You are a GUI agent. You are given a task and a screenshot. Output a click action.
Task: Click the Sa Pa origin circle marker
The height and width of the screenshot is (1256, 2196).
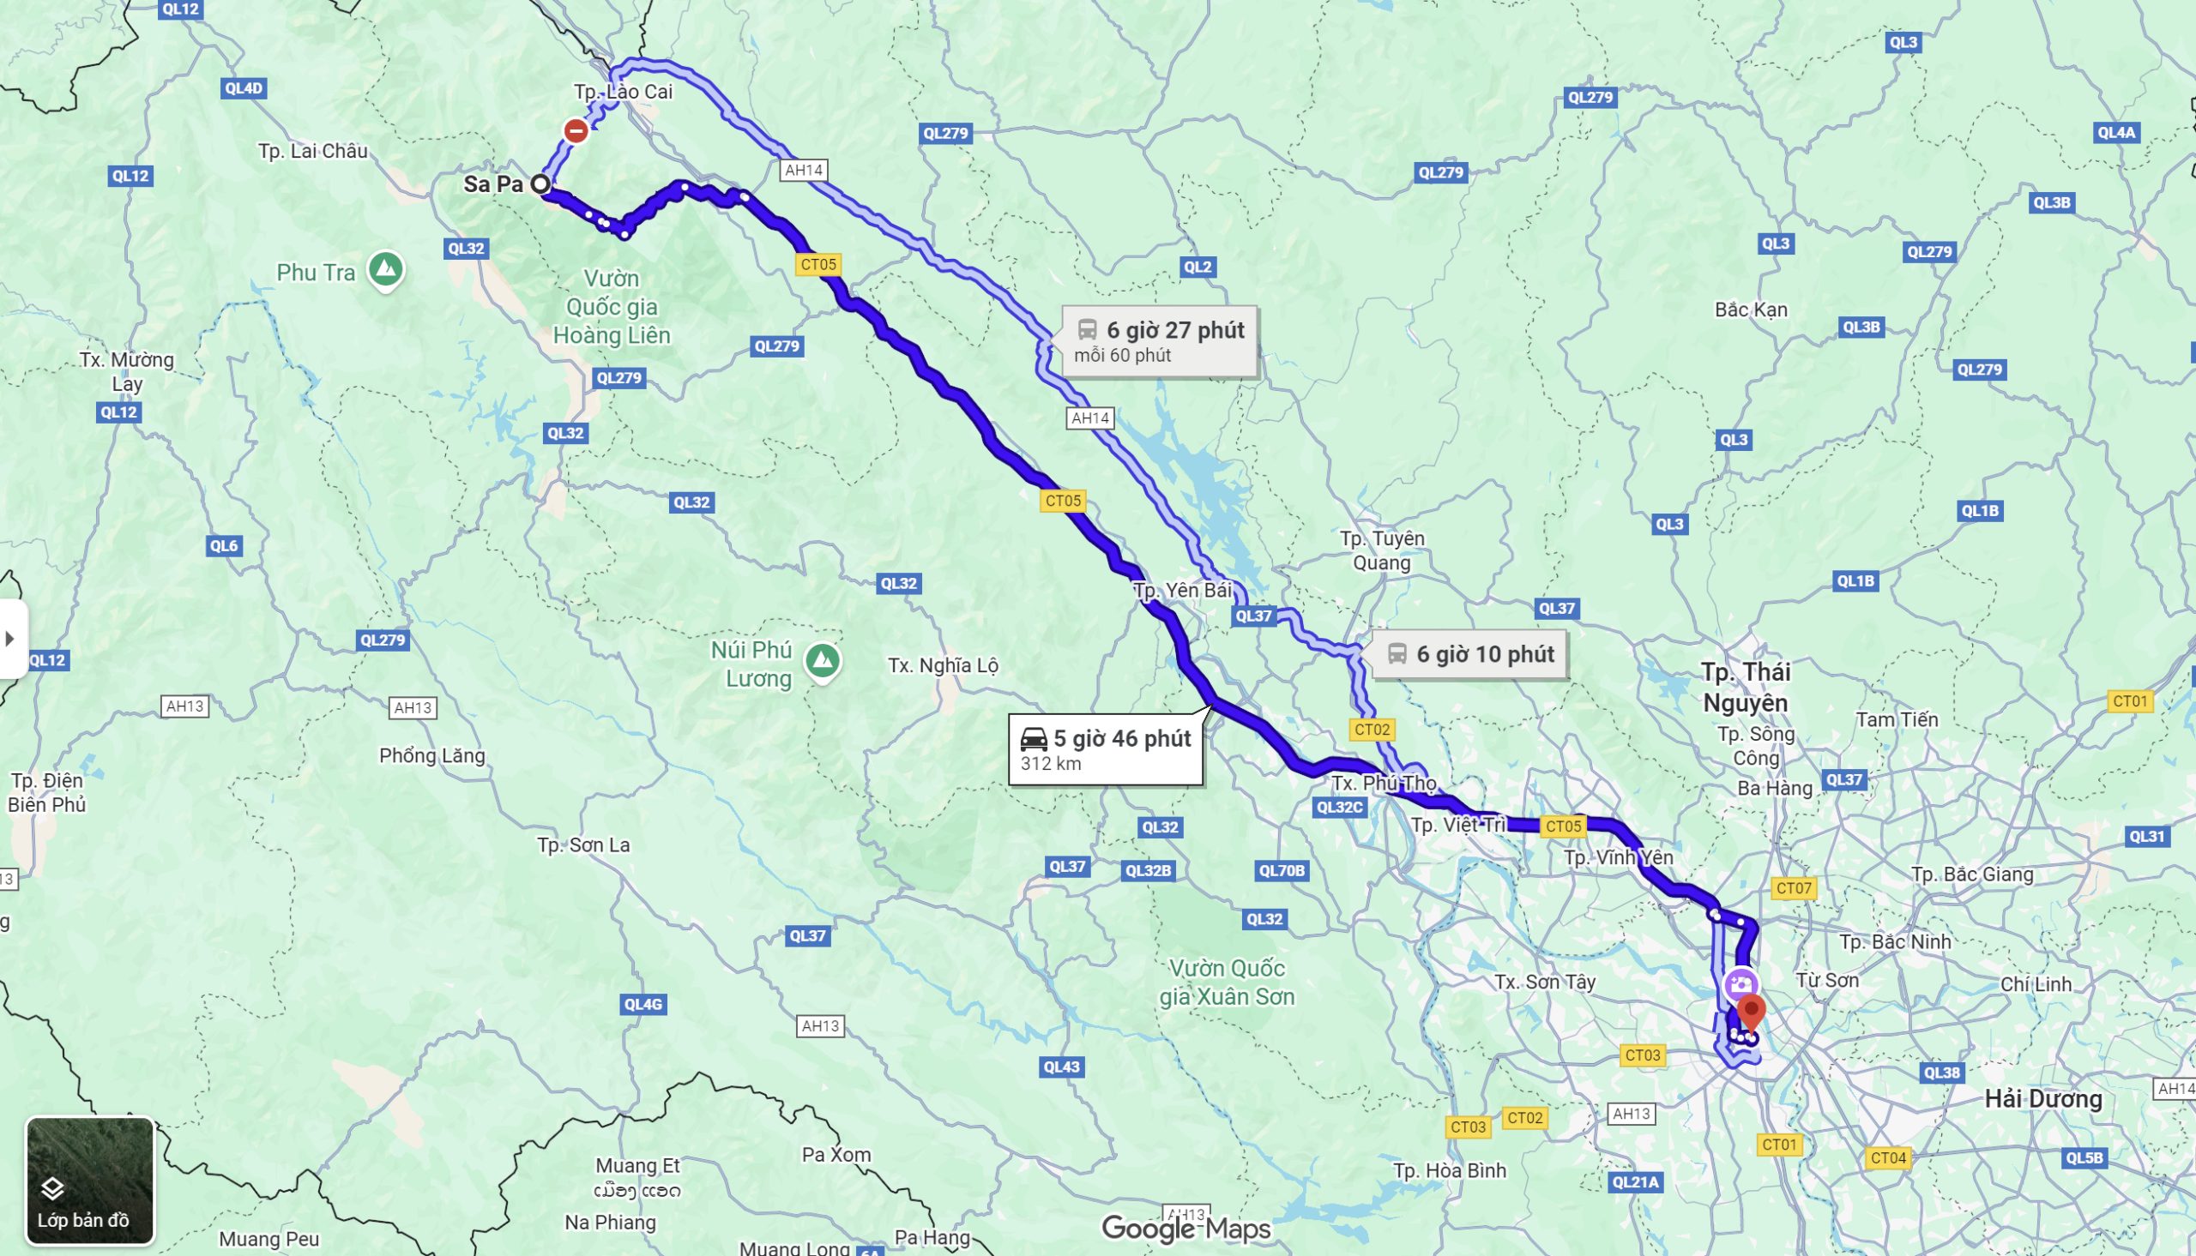(x=540, y=183)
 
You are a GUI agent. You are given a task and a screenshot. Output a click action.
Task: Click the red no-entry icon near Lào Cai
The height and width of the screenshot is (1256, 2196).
(x=576, y=130)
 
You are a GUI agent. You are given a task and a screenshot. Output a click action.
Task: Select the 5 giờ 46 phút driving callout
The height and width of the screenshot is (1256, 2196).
(x=1106, y=748)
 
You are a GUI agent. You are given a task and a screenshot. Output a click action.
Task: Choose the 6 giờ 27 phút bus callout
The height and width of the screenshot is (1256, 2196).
(x=1159, y=340)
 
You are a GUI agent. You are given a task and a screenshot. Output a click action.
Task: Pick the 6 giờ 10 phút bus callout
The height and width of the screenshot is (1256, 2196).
(x=1469, y=654)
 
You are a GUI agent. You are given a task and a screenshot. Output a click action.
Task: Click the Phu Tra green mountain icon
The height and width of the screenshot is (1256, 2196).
(x=386, y=269)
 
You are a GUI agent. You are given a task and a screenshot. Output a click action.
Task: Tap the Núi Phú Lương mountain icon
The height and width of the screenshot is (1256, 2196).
(x=823, y=661)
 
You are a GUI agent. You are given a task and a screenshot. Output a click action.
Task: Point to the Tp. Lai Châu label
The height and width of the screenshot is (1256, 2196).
(x=312, y=151)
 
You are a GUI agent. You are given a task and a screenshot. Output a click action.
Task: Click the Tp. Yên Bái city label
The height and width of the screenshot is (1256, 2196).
(x=1182, y=590)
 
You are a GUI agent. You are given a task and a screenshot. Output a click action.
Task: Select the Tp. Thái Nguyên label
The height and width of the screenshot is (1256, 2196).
(x=1746, y=687)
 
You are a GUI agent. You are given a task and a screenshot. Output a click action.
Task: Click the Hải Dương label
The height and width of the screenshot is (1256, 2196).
(x=2042, y=1098)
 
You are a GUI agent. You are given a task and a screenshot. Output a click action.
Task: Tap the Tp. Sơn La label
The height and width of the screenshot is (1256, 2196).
(x=583, y=844)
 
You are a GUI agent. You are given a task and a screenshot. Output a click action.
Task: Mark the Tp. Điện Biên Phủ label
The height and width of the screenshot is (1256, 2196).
(x=46, y=792)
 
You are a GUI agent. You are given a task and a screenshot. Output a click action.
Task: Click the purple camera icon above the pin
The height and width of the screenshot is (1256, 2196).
(x=1741, y=984)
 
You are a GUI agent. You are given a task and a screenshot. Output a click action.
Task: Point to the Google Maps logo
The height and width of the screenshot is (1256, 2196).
(x=1185, y=1228)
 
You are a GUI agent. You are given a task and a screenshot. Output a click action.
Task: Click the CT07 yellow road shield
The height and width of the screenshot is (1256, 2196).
(x=1793, y=887)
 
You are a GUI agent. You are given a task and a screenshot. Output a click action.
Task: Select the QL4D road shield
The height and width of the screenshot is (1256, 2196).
(x=244, y=88)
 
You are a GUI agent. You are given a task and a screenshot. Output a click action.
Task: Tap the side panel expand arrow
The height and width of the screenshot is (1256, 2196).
(x=10, y=639)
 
